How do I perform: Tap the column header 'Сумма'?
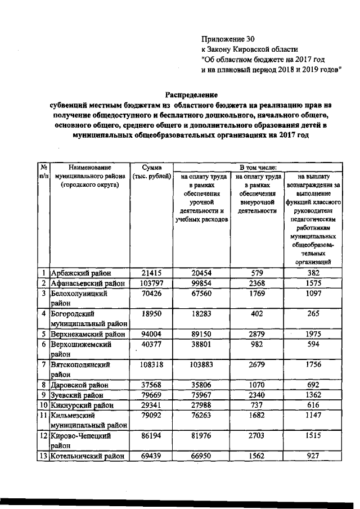(x=151, y=167)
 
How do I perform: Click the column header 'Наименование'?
(x=89, y=167)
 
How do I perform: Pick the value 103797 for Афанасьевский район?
(x=151, y=283)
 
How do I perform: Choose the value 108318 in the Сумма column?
(x=151, y=364)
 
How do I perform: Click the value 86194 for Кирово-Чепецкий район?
(x=151, y=436)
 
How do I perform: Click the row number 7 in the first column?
(x=43, y=364)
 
